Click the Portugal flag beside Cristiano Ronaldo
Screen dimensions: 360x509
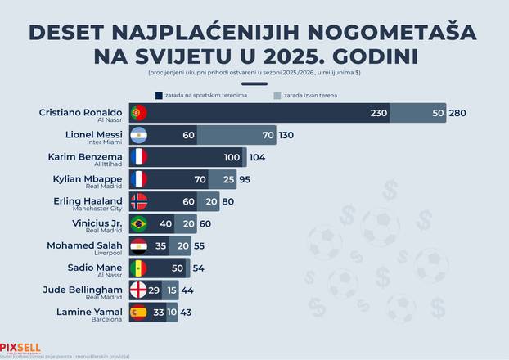[x=138, y=113]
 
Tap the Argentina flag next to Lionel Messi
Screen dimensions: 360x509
[x=138, y=135]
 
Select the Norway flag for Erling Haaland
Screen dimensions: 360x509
[x=138, y=201]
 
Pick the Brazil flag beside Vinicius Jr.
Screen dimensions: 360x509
[x=138, y=223]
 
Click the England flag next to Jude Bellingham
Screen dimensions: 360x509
[x=138, y=290]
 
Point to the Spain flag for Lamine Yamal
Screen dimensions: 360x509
[x=138, y=312]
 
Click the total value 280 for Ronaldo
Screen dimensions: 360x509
[x=457, y=113]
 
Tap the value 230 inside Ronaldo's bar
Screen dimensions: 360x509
[x=378, y=113]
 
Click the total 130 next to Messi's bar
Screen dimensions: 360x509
[x=286, y=135]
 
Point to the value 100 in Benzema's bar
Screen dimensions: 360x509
[x=232, y=157]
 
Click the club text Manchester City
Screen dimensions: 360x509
[x=97, y=209]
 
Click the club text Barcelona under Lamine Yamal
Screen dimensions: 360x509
[x=106, y=319]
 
